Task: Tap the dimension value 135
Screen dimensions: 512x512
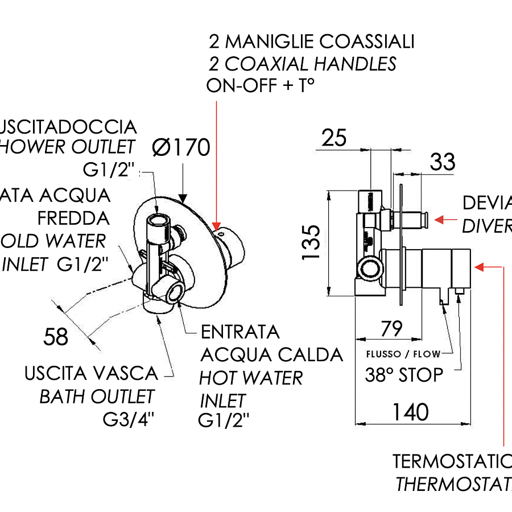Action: pyautogui.click(x=312, y=242)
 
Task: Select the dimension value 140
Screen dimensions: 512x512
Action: pyautogui.click(x=410, y=411)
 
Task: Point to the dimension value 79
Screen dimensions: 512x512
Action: pyautogui.click(x=391, y=328)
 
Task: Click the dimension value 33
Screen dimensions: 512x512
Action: pyautogui.click(x=443, y=162)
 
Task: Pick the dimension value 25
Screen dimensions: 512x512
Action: pyautogui.click(x=334, y=138)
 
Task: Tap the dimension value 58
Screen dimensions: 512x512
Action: pyautogui.click(x=56, y=337)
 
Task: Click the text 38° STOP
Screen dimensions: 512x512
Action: pyautogui.click(x=404, y=375)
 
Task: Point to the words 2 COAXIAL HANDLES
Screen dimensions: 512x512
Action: pyautogui.click(x=303, y=64)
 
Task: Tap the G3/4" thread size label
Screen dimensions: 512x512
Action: pyautogui.click(x=129, y=419)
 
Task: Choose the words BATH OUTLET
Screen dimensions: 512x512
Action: pyautogui.click(x=97, y=397)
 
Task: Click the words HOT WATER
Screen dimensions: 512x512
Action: pyautogui.click(x=251, y=377)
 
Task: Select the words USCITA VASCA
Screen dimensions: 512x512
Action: pyautogui.click(x=92, y=374)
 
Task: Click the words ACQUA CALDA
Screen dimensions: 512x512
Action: pyautogui.click(x=272, y=354)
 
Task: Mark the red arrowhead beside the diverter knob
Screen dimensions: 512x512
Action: pyautogui.click(x=438, y=219)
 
